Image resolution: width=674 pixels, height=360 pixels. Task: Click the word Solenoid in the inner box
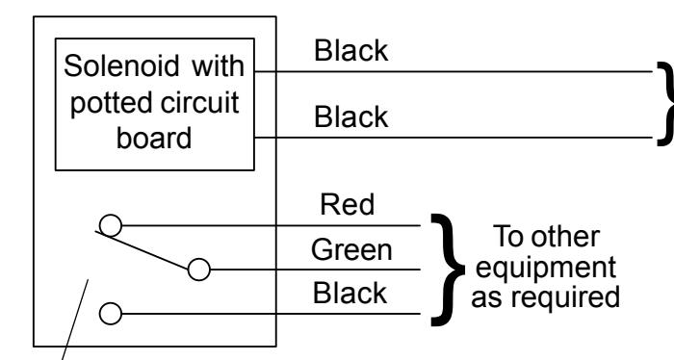click(121, 66)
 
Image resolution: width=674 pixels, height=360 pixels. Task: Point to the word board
click(154, 138)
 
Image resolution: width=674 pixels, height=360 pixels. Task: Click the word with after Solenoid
click(218, 66)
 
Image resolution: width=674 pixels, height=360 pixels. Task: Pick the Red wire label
click(348, 204)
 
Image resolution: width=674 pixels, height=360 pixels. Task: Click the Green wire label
click(351, 249)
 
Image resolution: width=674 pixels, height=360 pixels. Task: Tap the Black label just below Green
click(350, 293)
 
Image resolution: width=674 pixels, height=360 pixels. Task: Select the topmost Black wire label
click(351, 50)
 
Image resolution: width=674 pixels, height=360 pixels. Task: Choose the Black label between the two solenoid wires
click(351, 116)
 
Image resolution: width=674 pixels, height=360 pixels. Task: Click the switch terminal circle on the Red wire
click(111, 225)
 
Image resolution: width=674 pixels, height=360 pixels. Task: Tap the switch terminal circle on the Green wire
click(199, 270)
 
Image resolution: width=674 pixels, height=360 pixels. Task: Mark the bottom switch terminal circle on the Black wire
click(111, 314)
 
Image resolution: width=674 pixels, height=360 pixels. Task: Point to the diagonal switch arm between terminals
click(143, 250)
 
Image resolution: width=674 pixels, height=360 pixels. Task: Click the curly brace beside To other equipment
click(448, 270)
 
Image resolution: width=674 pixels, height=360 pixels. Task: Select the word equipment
click(546, 268)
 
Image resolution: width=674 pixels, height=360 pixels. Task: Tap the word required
click(565, 296)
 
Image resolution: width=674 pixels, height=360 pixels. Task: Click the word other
click(565, 236)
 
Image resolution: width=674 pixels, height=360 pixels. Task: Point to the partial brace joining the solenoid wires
click(665, 104)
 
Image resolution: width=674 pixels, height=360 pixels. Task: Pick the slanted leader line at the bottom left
click(75, 320)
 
